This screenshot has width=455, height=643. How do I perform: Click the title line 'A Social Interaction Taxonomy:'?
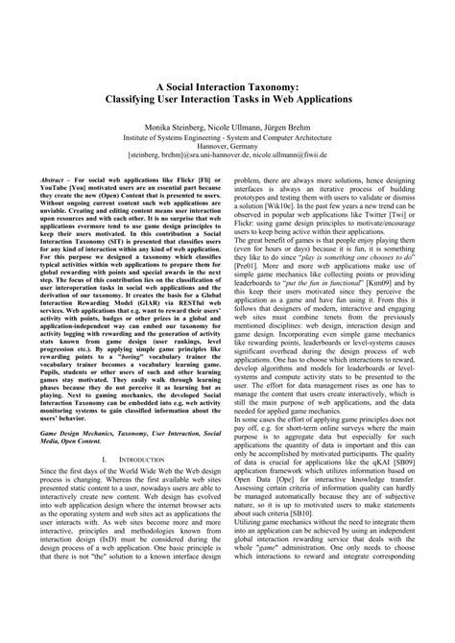coord(227,84)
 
